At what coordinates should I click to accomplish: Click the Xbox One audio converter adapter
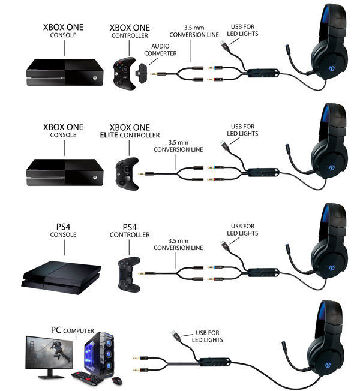click(x=142, y=71)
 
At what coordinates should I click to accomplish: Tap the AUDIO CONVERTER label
click(x=160, y=50)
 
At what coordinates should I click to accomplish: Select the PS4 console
click(x=61, y=278)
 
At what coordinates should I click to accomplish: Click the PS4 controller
click(x=129, y=274)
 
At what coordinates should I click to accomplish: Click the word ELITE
click(x=109, y=135)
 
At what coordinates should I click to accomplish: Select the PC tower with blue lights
click(x=99, y=353)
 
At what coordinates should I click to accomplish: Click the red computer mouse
click(x=117, y=381)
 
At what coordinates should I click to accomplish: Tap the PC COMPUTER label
click(x=73, y=330)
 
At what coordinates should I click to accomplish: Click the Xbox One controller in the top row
click(x=124, y=73)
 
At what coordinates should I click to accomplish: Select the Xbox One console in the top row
click(x=65, y=73)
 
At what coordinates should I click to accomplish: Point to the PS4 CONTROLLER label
click(x=130, y=231)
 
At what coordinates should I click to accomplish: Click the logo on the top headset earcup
click(x=332, y=68)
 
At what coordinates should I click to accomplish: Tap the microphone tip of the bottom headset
click(x=284, y=347)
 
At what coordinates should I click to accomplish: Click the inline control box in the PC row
click(x=215, y=361)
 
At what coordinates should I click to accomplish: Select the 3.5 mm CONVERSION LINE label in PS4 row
click(x=178, y=245)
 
